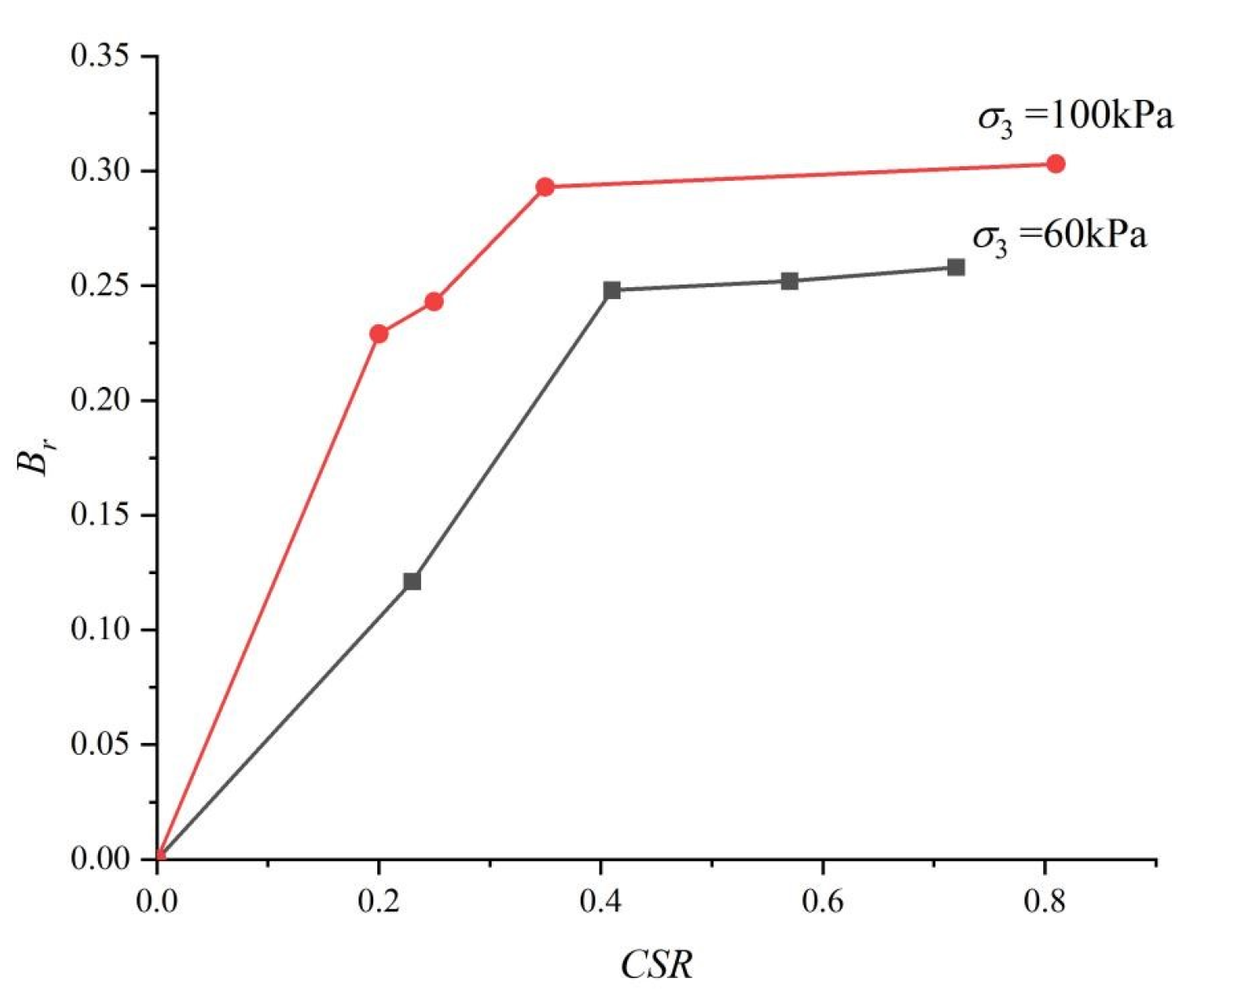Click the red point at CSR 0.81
pos(1055,164)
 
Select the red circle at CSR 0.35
pos(545,187)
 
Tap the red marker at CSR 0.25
pos(434,302)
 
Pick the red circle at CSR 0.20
pos(379,333)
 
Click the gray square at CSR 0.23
pos(412,581)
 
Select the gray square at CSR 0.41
pos(612,290)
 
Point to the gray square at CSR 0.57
pos(790,281)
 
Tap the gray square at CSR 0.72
pos(956,268)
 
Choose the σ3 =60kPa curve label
pos(1059,238)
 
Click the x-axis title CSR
pos(657,966)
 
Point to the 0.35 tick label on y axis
pos(101,57)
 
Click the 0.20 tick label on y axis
pos(101,401)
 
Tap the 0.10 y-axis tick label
pos(101,630)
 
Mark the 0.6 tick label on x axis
pos(823,901)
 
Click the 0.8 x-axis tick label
pos(1045,901)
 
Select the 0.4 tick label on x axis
pos(601,901)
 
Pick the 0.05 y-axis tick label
pos(101,744)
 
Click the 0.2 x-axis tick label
pos(379,901)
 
